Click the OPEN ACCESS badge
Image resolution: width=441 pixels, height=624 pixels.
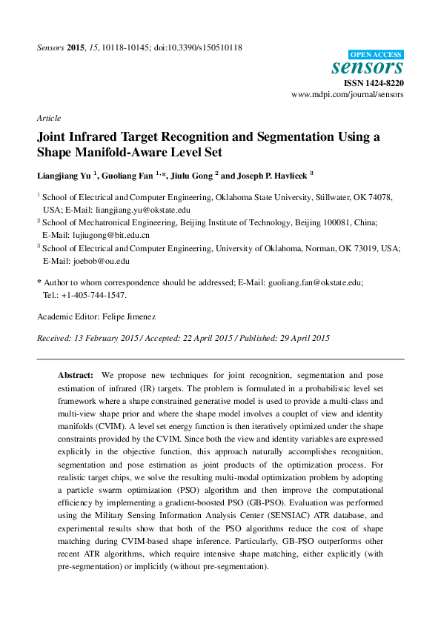[x=376, y=54]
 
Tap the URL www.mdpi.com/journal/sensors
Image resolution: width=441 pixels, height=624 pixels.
[x=347, y=95]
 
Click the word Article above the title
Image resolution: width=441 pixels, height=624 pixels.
[x=49, y=119]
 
